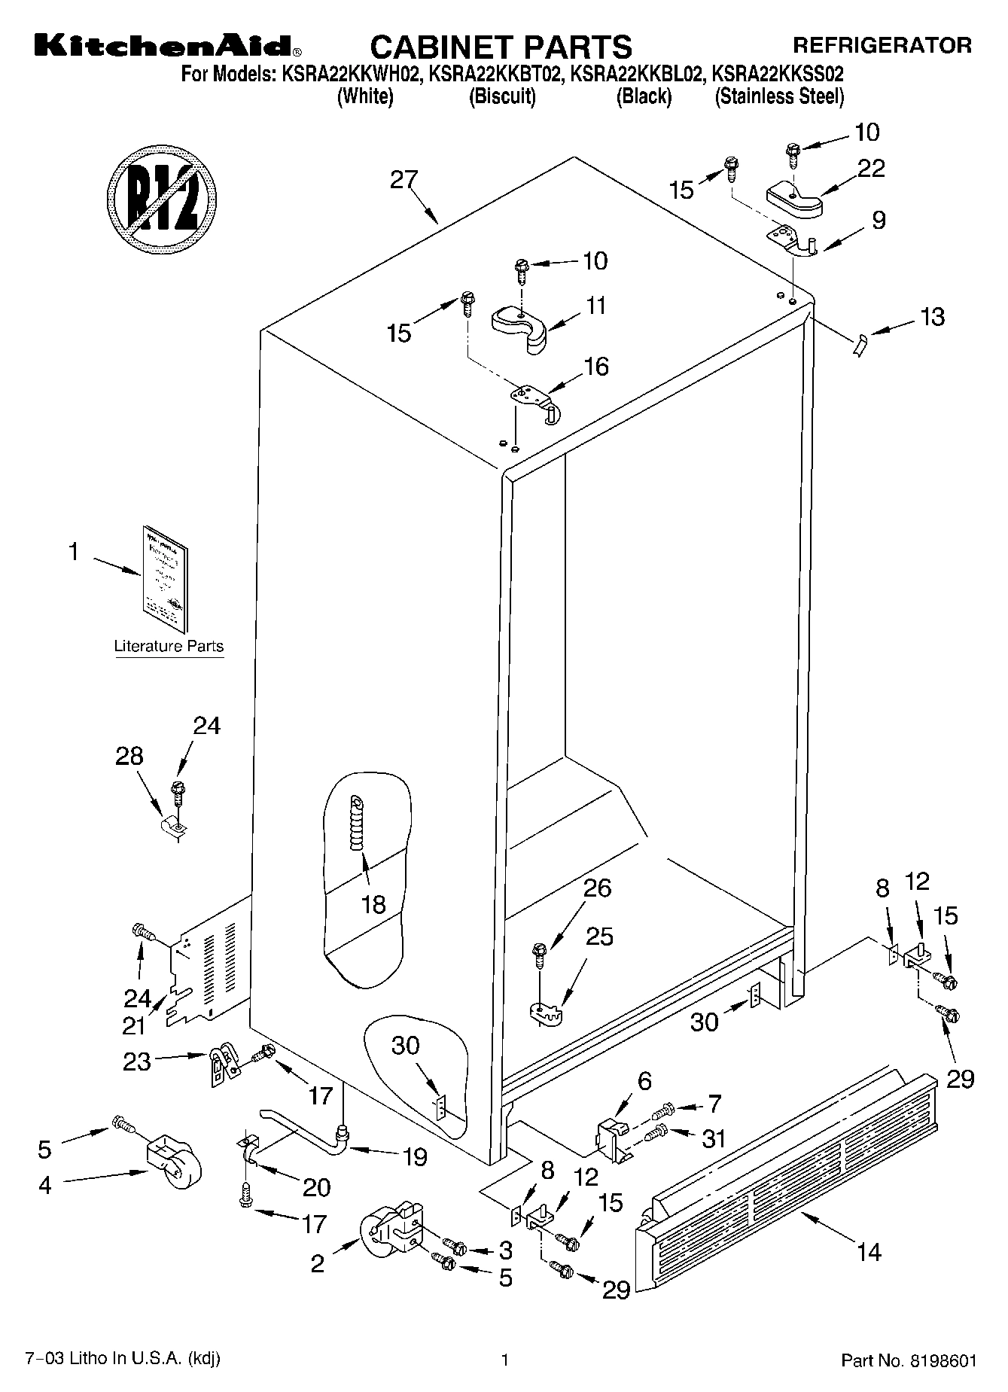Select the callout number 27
pos(404,181)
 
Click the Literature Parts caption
pos(169,646)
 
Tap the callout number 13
pos(932,317)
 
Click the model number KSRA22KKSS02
pos(778,75)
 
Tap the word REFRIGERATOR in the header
pos(882,46)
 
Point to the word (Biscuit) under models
pos(502,96)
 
